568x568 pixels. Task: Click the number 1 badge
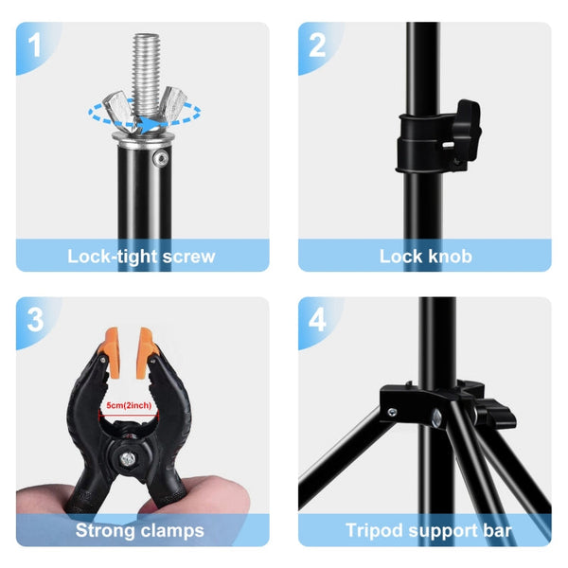point(35,44)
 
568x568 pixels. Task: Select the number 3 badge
point(35,319)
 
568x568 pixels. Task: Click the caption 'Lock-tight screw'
point(141,256)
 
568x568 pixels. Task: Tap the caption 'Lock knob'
point(425,256)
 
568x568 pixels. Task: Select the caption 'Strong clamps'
point(140,530)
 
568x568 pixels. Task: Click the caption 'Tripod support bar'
point(428,530)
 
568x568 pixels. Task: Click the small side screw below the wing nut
point(158,153)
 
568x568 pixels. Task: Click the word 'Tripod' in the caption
point(374,530)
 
